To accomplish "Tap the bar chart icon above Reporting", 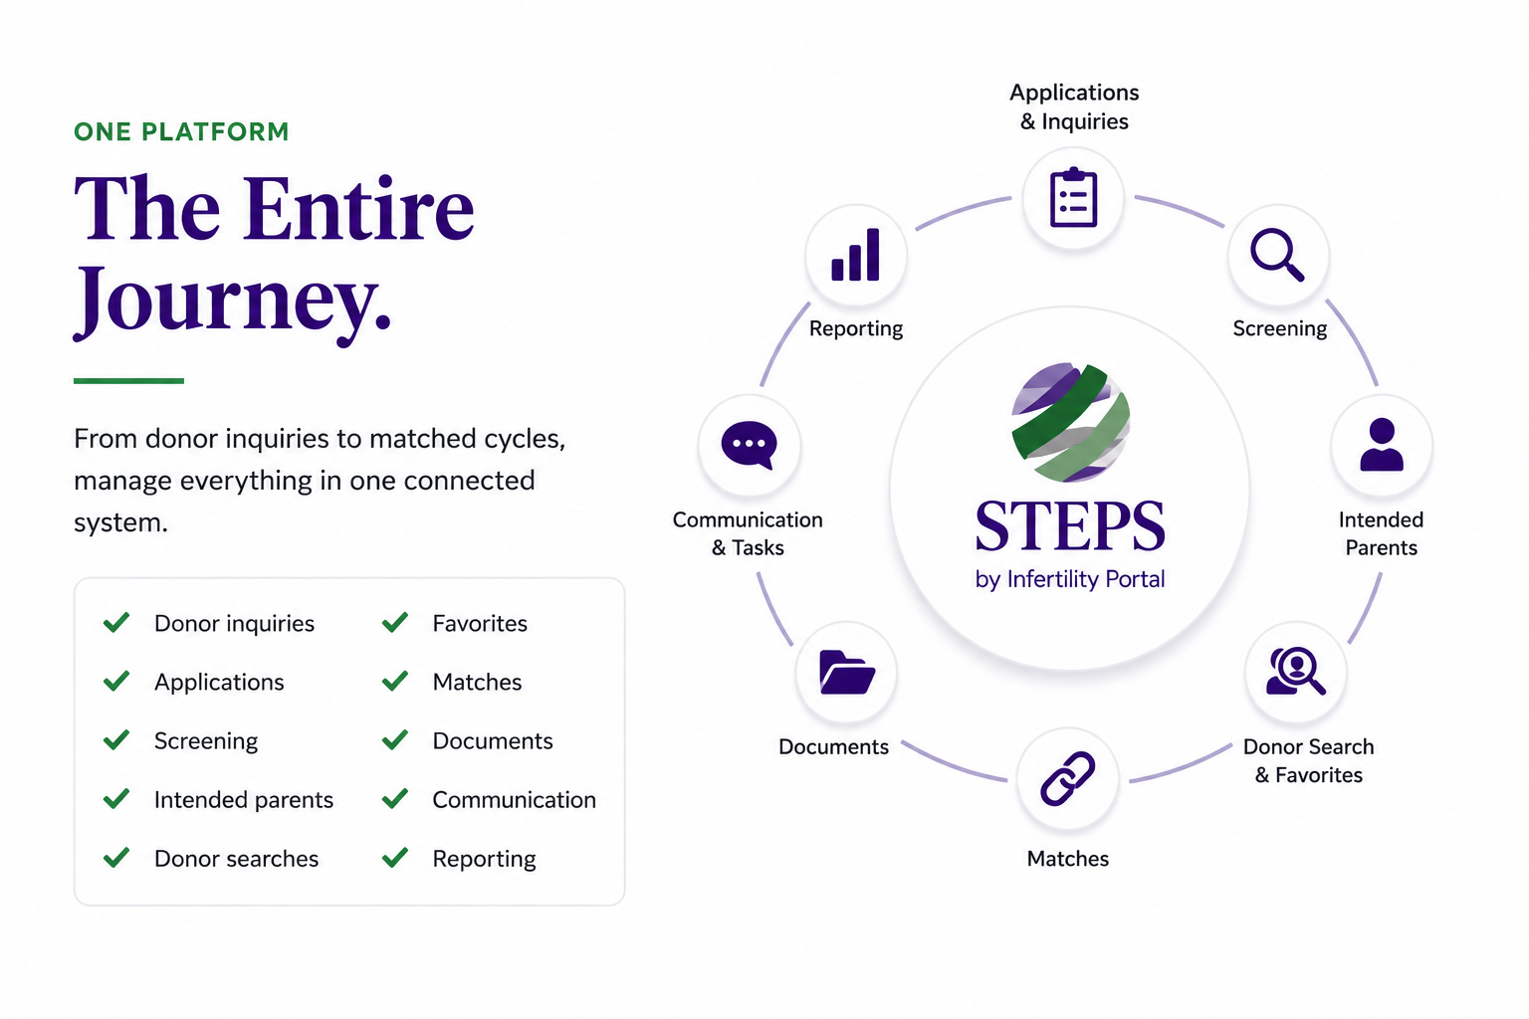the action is pos(855,255).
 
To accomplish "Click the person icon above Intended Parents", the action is pos(1382,444).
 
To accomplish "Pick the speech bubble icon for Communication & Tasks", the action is pos(749,445).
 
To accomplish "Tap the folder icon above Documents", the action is pos(847,673).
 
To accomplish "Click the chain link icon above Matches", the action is pos(1067,779).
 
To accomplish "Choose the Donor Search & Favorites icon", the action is pos(1295,671).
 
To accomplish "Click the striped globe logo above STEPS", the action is pos(1070,422).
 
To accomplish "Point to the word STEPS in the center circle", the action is pos(1070,525).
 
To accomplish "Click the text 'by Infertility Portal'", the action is pos(1070,579).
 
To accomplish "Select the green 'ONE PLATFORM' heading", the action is pos(181,131).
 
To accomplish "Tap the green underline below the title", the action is pos(129,381).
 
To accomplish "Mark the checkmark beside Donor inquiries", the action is pos(116,623).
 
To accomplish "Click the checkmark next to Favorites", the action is pos(395,623).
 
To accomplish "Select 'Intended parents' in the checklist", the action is pos(244,800).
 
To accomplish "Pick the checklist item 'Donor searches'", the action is pos(236,859).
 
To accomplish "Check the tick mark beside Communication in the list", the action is pos(395,798).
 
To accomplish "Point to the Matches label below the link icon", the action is pos(1067,859).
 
